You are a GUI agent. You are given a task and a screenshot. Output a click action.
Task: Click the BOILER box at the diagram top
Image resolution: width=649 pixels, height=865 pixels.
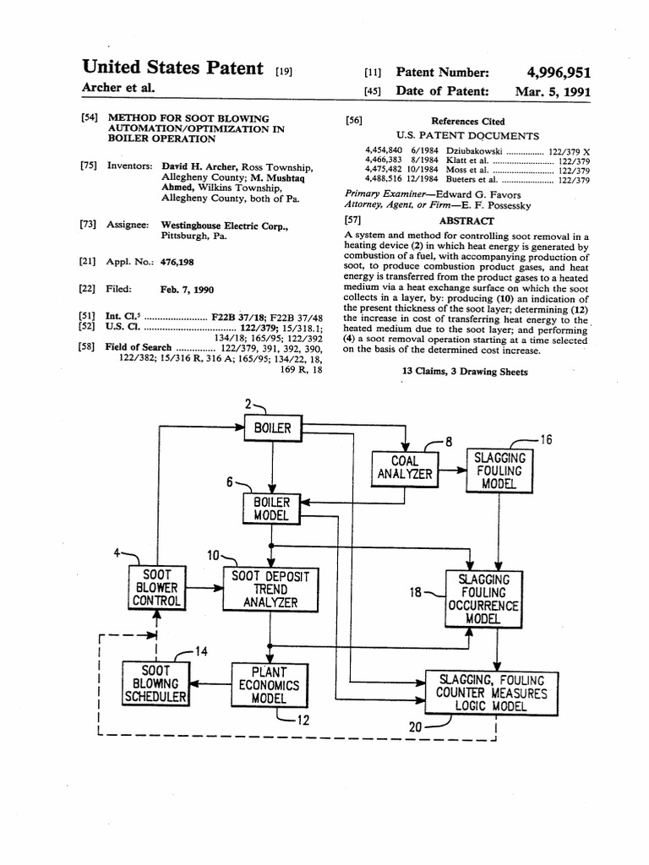(272, 428)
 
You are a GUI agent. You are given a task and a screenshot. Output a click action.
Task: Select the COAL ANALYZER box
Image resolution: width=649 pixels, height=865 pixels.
(405, 467)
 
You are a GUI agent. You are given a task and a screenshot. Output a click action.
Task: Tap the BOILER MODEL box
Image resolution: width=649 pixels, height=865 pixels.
(271, 508)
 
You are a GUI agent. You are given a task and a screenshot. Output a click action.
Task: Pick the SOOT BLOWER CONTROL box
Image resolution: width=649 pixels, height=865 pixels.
(155, 587)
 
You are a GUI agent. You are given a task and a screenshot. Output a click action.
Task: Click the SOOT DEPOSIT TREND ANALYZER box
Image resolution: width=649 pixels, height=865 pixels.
(270, 589)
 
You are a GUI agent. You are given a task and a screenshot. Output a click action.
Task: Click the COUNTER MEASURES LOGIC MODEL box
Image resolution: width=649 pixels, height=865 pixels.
(491, 693)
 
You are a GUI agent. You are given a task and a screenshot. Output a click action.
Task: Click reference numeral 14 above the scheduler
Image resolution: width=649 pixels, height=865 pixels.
(200, 650)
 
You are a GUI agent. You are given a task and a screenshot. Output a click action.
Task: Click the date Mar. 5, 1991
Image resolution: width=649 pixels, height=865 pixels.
(553, 92)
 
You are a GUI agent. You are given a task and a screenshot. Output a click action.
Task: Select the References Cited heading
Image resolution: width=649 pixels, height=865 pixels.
(467, 121)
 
